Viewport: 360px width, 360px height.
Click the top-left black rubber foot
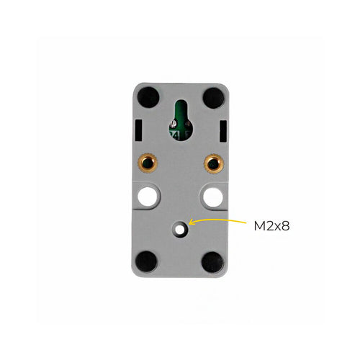click(x=148, y=97)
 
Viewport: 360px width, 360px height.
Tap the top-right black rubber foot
click(x=213, y=98)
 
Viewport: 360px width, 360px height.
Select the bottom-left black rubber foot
click(x=146, y=261)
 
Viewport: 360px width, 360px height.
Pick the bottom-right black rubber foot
click(x=212, y=262)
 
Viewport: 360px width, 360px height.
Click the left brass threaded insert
click(x=147, y=163)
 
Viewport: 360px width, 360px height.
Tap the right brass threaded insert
click(x=214, y=163)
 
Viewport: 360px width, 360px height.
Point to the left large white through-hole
click(x=148, y=197)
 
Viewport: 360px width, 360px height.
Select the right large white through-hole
click(x=213, y=197)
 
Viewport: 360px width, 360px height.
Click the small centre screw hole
click(x=179, y=230)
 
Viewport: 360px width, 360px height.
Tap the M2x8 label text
click(x=271, y=226)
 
